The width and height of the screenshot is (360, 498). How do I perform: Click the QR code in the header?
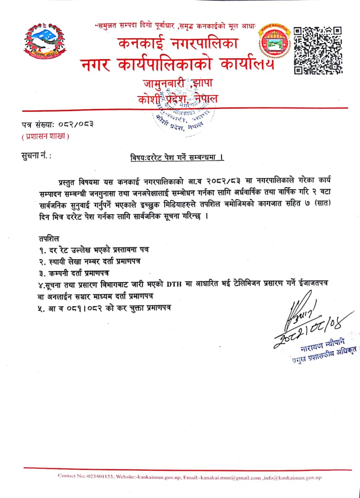coord(318,50)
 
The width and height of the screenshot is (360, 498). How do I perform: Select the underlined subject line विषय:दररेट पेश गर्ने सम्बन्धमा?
coord(177,158)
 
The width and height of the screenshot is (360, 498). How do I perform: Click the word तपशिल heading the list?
coord(49,238)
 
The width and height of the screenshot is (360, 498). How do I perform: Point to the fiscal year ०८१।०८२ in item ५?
coord(85,307)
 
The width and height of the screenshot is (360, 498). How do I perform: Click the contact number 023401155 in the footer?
coord(100,477)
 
